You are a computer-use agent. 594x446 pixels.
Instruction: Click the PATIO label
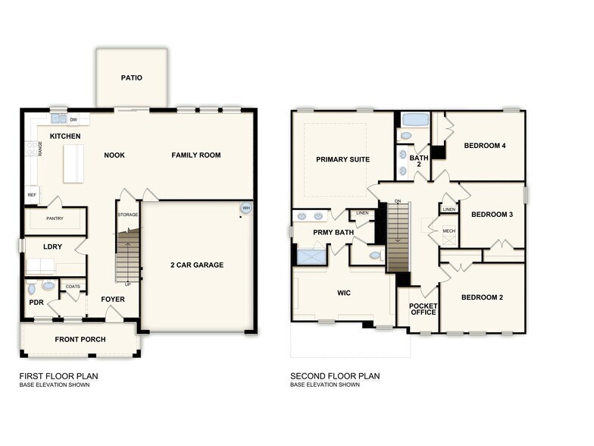[x=132, y=77]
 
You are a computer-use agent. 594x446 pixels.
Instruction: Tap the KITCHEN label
[x=65, y=136]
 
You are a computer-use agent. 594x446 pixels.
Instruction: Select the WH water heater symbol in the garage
[x=245, y=209]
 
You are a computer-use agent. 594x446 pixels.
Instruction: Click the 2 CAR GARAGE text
[x=197, y=265]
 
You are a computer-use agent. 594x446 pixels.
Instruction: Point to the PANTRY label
[x=55, y=218]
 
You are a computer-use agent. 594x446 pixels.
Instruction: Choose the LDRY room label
[x=52, y=247]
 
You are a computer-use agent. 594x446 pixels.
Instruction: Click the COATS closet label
[x=73, y=286]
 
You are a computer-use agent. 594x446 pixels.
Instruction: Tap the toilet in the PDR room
[x=32, y=289]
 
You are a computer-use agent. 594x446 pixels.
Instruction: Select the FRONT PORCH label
[x=80, y=339]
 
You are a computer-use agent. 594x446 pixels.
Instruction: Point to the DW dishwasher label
[x=73, y=120]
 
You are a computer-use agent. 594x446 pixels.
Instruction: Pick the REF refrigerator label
[x=32, y=195]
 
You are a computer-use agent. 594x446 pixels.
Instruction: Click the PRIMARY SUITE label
[x=343, y=159]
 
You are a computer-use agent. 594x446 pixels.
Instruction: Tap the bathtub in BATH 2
[x=414, y=119]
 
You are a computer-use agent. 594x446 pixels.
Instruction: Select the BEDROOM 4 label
[x=485, y=146]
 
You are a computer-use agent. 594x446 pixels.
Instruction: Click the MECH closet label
[x=449, y=231]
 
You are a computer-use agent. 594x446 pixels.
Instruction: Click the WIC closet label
[x=342, y=291]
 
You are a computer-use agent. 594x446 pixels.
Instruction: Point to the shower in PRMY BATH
[x=311, y=256]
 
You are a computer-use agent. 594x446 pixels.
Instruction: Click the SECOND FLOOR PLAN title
[x=335, y=375]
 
